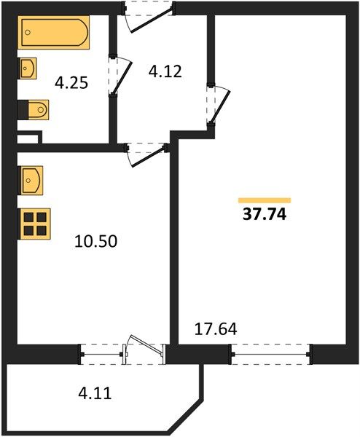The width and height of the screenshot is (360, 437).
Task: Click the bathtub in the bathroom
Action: tap(53, 32)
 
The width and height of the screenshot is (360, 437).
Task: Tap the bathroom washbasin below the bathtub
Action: tap(27, 68)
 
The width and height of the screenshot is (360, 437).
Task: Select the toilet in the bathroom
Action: tap(34, 110)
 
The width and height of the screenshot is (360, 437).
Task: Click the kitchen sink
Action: tap(31, 181)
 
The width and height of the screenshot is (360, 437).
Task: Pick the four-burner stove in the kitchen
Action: tap(34, 224)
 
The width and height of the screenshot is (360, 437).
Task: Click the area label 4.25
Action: tap(71, 83)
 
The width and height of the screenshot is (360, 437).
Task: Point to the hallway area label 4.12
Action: tap(165, 71)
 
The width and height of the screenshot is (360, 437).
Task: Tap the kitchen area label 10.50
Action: tap(95, 241)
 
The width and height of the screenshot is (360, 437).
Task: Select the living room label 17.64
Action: tap(216, 329)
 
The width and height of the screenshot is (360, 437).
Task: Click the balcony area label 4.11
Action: tap(95, 393)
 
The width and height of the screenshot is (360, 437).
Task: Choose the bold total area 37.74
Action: tap(265, 215)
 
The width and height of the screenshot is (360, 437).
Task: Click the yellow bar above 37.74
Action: tap(265, 200)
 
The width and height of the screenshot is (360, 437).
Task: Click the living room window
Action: tap(270, 354)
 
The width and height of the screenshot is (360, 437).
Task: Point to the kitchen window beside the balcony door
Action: tap(101, 354)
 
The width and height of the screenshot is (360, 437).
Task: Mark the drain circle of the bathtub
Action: tap(27, 32)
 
